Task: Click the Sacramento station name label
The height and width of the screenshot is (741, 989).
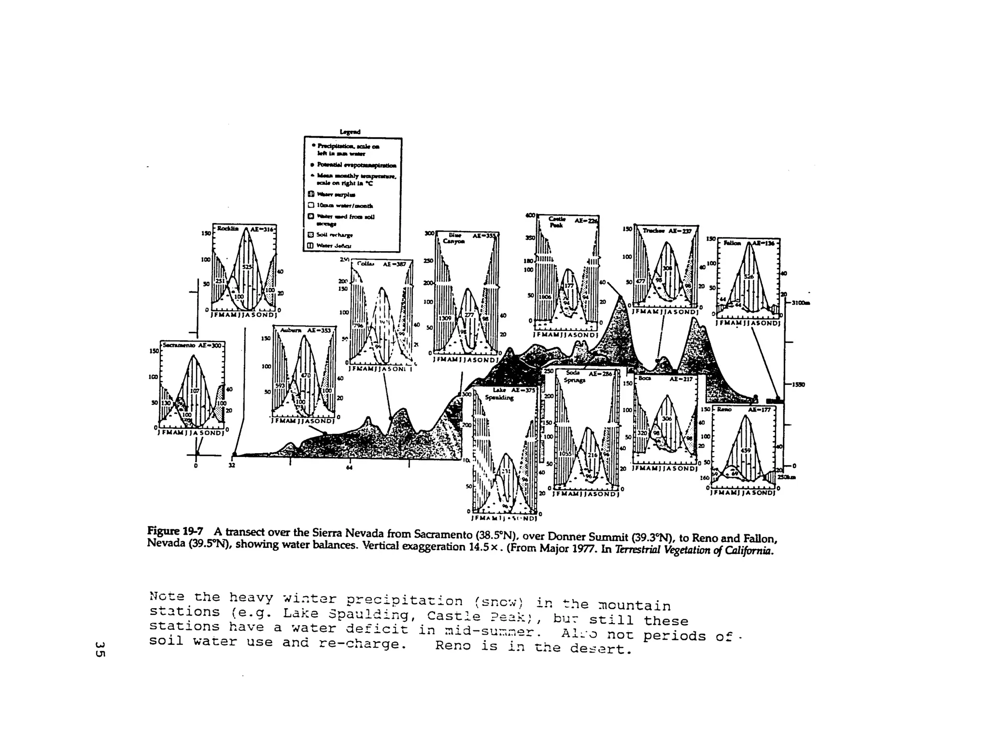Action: (x=177, y=345)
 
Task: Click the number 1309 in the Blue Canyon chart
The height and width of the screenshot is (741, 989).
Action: (x=444, y=318)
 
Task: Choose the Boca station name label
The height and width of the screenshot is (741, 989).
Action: (x=645, y=379)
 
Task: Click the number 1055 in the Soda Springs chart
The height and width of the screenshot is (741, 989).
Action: (x=565, y=454)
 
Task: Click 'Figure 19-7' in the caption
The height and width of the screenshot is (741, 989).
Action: (x=177, y=531)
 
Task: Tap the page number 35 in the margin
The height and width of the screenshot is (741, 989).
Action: (x=100, y=649)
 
